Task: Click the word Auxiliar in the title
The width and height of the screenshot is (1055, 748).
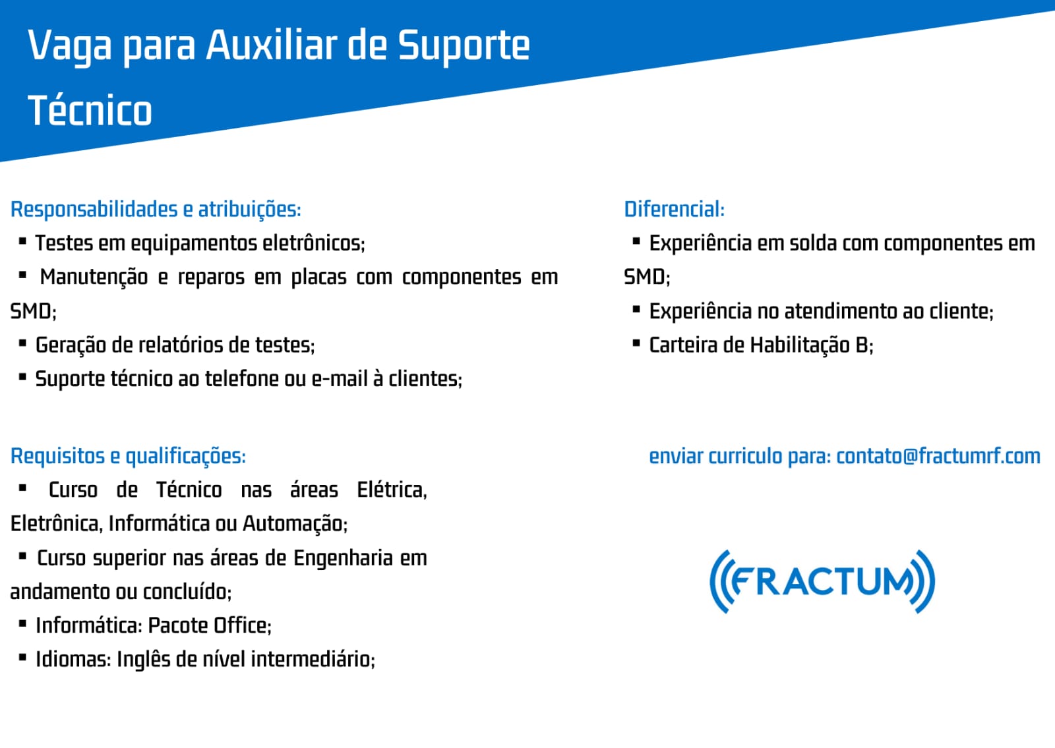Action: point(272,45)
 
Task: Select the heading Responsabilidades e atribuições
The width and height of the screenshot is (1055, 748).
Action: point(156,210)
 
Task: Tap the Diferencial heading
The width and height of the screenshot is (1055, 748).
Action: point(674,209)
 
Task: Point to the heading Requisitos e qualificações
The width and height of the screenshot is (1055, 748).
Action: point(128,456)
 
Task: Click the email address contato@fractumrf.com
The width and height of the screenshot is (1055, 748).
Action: point(938,455)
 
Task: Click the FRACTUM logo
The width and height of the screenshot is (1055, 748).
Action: point(822,581)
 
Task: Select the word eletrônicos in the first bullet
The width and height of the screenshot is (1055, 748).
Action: point(313,243)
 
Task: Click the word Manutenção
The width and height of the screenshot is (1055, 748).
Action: point(94,277)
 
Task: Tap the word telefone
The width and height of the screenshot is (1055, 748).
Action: point(241,379)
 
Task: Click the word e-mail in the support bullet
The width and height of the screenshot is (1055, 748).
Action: point(340,379)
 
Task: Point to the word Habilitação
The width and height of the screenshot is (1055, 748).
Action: point(800,345)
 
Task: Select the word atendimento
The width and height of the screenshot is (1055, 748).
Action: point(841,311)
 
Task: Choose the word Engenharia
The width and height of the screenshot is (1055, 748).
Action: point(344,558)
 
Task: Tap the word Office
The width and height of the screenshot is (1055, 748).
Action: point(243,625)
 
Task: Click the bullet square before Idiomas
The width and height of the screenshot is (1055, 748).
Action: point(22,657)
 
